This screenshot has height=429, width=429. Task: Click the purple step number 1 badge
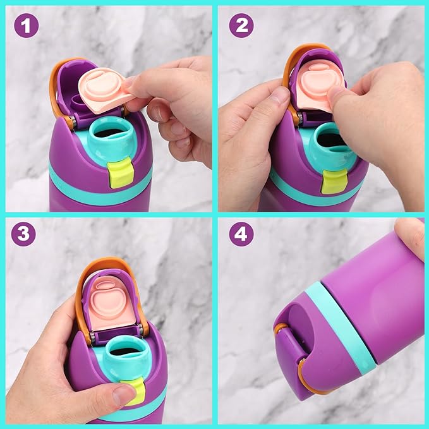[x=27, y=26]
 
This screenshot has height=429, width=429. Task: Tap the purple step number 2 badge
[x=241, y=25]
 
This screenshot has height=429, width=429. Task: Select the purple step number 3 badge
[x=23, y=234]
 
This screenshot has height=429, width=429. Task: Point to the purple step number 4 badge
[x=241, y=234]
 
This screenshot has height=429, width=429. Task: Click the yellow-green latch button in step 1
[x=121, y=174]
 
